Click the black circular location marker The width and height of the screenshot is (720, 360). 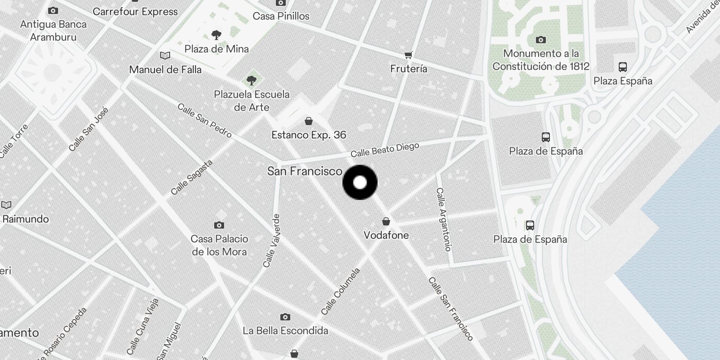pos(360,182)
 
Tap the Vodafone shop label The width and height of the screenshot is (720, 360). pos(386,235)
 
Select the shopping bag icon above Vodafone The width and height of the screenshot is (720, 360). pos(386,221)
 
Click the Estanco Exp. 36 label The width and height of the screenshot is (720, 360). pos(309,135)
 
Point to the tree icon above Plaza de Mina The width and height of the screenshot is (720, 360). pos(216,35)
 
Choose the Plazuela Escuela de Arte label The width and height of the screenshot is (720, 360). pos(252,101)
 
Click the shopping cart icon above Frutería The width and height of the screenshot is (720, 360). pos(408,55)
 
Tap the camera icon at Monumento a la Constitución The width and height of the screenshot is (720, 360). pos(541,40)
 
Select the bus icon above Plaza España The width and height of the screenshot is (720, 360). pos(623,67)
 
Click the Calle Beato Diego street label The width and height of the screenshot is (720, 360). pos(385,150)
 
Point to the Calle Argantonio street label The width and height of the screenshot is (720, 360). pos(443,219)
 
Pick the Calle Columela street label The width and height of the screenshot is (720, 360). pos(341,292)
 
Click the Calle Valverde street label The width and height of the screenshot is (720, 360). pos(272,241)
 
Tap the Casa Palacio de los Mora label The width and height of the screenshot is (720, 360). pos(219,245)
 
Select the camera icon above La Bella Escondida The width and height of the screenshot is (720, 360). pos(285,317)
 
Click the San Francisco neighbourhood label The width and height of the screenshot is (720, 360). pos(305,171)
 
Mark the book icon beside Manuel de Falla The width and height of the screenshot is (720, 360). pos(165,56)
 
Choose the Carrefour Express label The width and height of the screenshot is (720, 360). pos(135,12)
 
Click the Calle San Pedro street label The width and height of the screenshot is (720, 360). pos(204,121)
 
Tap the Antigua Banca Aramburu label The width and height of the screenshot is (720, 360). pos(53,31)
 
